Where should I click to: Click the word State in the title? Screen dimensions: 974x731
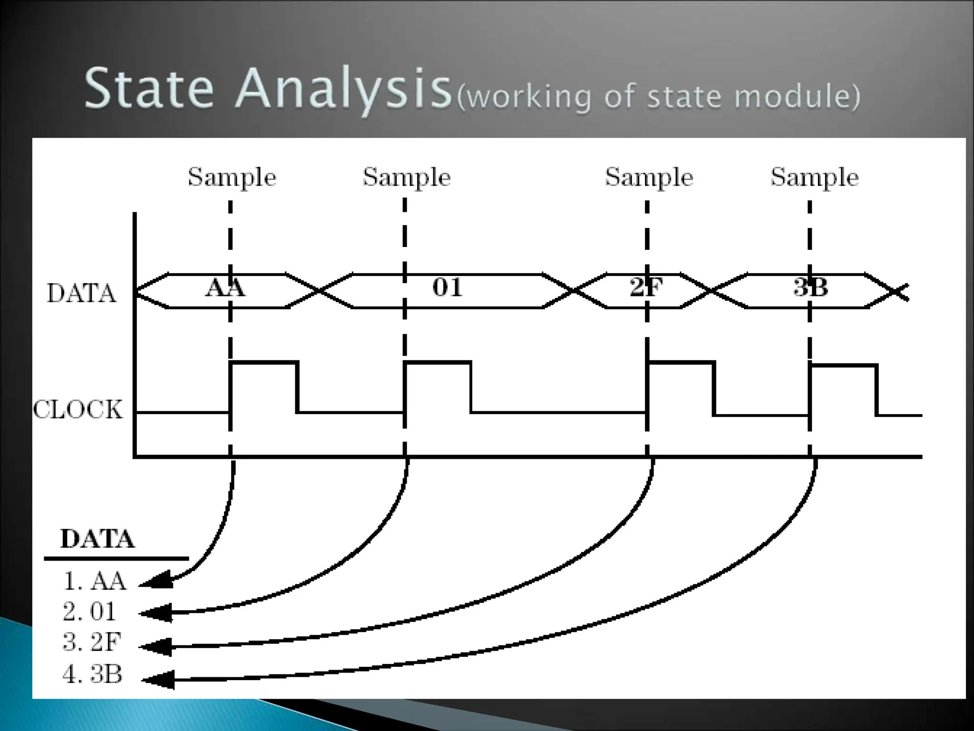point(148,88)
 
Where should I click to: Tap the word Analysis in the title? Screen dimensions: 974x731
point(342,90)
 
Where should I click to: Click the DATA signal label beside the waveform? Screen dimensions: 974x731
point(81,293)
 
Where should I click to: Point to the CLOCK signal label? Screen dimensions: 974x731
point(78,410)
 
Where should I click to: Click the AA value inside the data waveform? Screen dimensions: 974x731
point(225,287)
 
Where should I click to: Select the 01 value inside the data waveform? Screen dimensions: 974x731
point(447,287)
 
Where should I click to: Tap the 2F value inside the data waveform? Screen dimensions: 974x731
point(646,287)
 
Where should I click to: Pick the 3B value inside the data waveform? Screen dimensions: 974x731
point(810,287)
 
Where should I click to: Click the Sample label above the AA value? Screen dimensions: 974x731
point(232,178)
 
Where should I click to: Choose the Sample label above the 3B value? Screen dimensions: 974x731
point(814,178)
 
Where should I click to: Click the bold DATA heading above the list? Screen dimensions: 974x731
point(97,539)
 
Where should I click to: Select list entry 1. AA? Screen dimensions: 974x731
point(95,581)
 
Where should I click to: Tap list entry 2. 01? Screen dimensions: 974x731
point(89,612)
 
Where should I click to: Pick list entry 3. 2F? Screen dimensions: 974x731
point(91,642)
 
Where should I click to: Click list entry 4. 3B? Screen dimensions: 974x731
point(92,674)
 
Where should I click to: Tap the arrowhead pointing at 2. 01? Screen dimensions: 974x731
point(156,613)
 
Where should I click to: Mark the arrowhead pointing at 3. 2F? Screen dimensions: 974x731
point(156,646)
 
